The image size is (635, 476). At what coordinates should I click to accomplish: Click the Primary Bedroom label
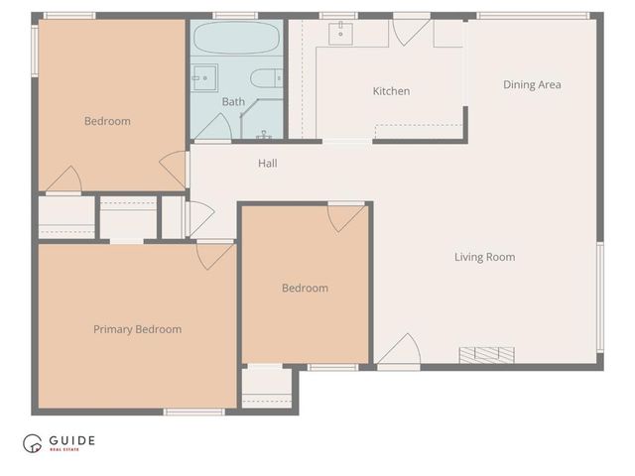click(137, 329)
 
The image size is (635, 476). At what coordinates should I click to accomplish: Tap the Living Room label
click(484, 258)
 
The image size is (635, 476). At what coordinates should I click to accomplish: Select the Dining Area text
click(532, 85)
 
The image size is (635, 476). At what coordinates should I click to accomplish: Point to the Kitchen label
click(391, 91)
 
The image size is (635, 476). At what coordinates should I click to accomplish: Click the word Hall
click(268, 164)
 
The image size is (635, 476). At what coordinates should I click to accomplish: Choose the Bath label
click(233, 102)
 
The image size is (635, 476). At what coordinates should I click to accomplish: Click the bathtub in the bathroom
click(237, 40)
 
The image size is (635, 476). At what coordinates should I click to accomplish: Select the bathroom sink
click(204, 77)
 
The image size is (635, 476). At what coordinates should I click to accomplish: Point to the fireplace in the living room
click(486, 354)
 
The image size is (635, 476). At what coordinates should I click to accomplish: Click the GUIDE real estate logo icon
click(34, 443)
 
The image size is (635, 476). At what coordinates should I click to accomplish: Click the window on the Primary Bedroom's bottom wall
click(193, 411)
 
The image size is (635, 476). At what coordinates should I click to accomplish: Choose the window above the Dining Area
click(533, 15)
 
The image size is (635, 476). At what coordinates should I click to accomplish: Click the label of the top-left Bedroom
click(107, 121)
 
